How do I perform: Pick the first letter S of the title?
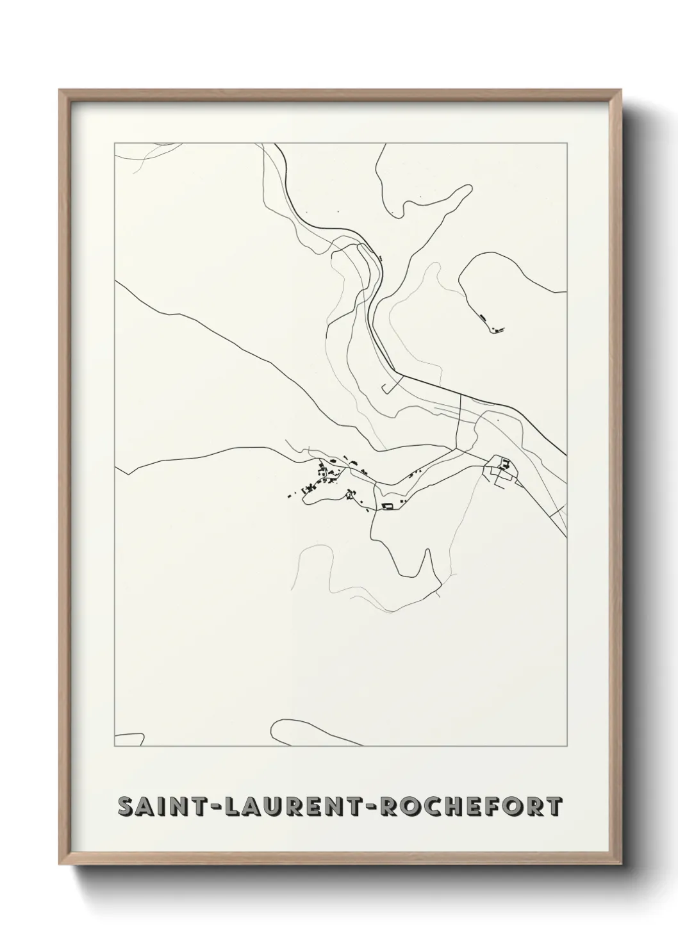click(x=126, y=807)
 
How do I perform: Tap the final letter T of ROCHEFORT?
click(x=555, y=807)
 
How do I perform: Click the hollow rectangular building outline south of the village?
click(x=386, y=507)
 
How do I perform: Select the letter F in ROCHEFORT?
click(x=497, y=807)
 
